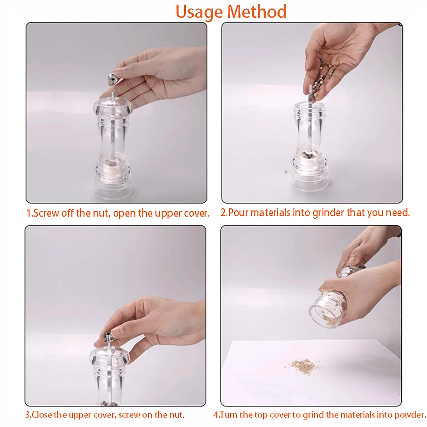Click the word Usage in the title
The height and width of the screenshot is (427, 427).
(199, 12)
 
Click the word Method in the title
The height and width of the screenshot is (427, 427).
(257, 12)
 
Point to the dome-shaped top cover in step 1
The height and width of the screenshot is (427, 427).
(113, 105)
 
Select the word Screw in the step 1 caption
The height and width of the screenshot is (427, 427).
(46, 213)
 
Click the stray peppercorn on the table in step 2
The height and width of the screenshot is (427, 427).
(286, 172)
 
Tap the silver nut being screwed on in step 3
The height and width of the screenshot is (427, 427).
(108, 337)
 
